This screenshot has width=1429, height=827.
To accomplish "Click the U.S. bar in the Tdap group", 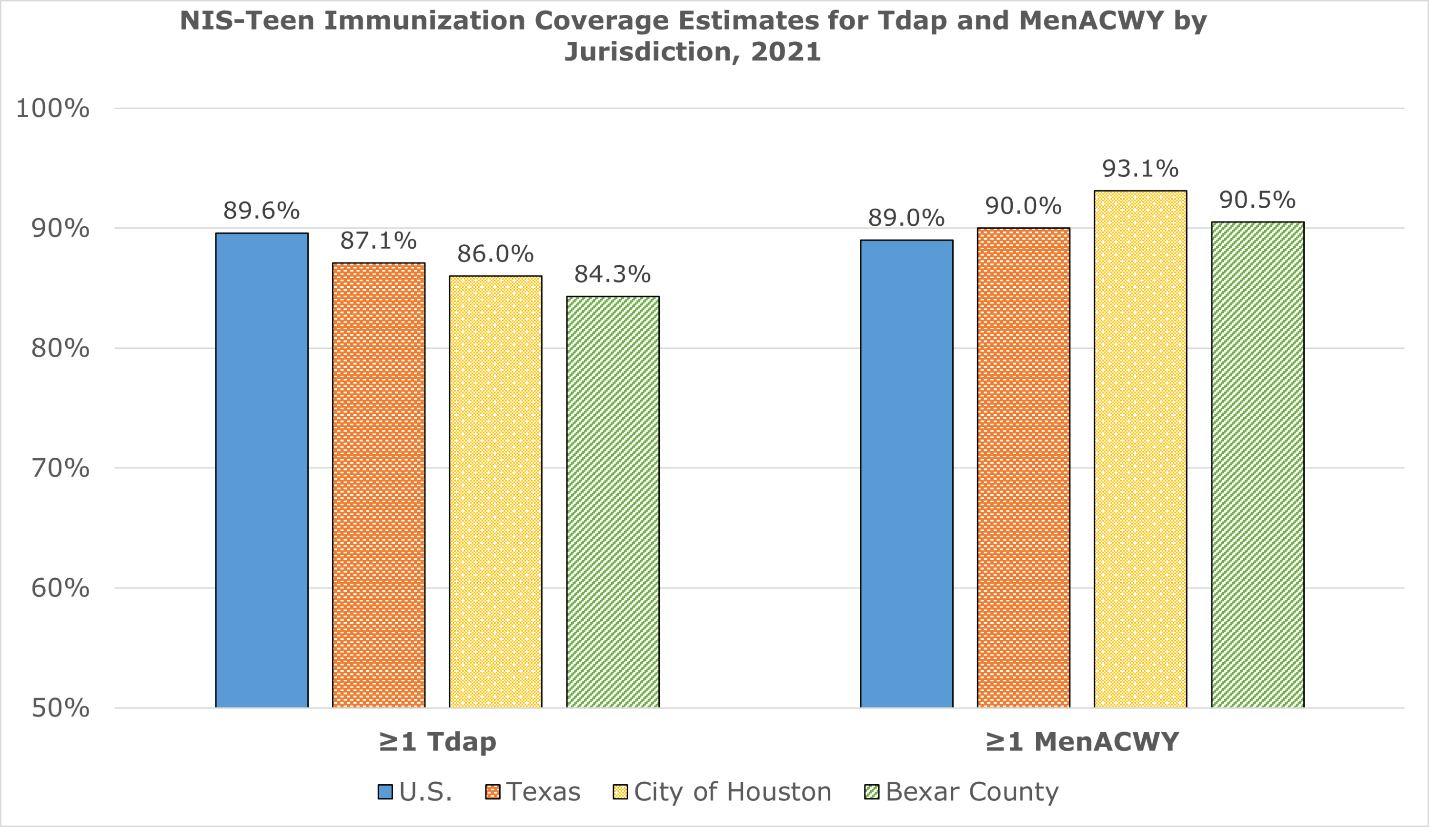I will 262,470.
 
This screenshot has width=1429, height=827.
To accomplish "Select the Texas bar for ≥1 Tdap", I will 378,485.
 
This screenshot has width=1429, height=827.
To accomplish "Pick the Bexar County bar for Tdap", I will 613,502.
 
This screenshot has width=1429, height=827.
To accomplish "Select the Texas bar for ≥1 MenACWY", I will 1023,468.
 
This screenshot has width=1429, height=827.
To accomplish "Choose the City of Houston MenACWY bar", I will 1140,449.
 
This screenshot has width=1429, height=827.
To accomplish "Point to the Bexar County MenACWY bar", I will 1257,464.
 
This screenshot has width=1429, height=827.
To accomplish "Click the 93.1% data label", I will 1140,169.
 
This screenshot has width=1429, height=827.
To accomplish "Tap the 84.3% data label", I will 612,274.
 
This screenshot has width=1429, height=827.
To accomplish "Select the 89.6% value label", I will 261,211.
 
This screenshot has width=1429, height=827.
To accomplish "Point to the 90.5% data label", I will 1257,200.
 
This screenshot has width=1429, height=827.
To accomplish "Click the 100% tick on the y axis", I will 53,108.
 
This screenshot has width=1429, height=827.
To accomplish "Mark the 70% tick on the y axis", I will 60,468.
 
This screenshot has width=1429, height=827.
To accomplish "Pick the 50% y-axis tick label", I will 60,708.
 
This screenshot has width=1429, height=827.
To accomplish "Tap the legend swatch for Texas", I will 492,792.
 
